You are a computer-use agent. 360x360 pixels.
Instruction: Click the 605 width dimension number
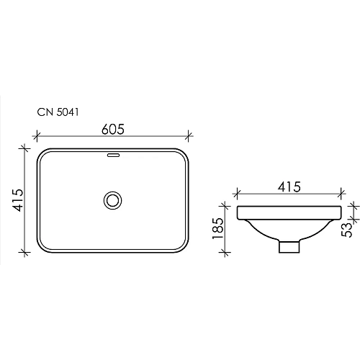pyautogui.click(x=112, y=129)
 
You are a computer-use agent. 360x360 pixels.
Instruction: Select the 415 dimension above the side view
pyautogui.click(x=288, y=186)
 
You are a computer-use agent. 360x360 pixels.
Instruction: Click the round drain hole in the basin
pyautogui.click(x=112, y=199)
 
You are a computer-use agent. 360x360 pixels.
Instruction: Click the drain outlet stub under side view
pyautogui.click(x=289, y=246)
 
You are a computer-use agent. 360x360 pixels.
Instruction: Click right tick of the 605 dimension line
pyautogui.click(x=189, y=135)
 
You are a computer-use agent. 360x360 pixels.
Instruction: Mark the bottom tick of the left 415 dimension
pyautogui.click(x=25, y=251)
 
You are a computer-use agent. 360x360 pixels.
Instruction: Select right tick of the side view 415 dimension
pyautogui.click(x=345, y=193)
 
